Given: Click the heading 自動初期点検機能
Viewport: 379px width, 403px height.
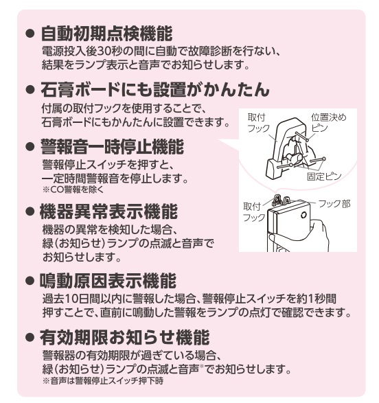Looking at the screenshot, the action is coord(106,34).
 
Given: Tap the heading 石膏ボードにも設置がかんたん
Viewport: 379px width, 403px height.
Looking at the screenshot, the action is coord(155,90).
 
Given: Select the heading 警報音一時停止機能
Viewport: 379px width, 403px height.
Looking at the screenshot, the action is coord(112,146).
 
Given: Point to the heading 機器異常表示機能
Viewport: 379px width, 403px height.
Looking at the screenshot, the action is coord(108,211).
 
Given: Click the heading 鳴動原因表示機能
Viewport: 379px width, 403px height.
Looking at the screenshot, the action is coord(108,280).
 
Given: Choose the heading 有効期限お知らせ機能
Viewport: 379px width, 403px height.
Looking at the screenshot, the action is coord(125,337).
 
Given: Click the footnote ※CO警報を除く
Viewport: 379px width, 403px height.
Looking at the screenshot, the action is coord(73,189).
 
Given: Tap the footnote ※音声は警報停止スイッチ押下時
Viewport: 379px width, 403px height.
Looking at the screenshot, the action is coord(103,380).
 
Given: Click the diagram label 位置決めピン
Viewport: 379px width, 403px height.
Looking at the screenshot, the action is coord(329,123).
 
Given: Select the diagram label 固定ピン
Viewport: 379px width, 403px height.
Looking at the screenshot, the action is coord(324,176).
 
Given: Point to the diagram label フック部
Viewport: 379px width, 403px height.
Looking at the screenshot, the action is coord(334,204).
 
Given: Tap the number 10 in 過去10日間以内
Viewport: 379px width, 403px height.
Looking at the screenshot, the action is coord(70,299).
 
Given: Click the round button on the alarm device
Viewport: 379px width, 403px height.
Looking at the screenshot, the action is coord(305,215).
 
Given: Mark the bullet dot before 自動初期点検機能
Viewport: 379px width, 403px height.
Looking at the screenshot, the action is coord(30,34).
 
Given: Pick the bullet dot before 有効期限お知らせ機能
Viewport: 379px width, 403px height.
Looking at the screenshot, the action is coord(30,338).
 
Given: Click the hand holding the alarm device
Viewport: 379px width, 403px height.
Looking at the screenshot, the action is coord(319,235).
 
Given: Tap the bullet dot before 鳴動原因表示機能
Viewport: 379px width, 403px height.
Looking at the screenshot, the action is coord(30,281).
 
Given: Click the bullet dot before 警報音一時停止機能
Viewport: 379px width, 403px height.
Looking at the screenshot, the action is coord(30,147).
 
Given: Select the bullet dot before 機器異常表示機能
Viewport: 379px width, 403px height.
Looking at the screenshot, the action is coord(30,211).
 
